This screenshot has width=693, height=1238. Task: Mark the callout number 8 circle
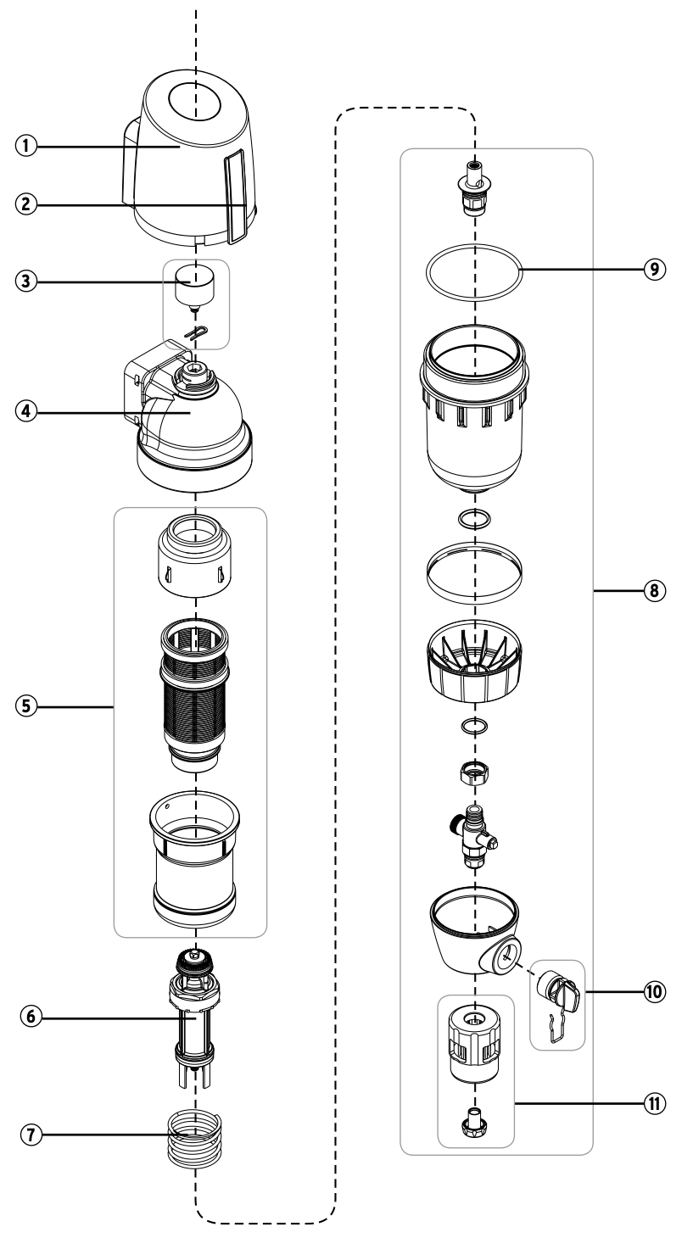click(x=653, y=588)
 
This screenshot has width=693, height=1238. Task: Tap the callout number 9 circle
click(x=653, y=269)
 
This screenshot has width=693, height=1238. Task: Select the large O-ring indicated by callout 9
click(x=474, y=273)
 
